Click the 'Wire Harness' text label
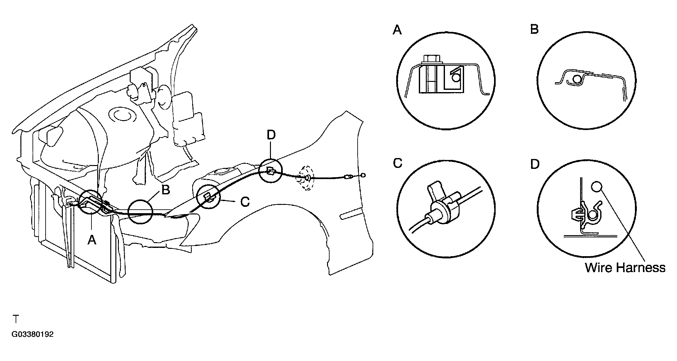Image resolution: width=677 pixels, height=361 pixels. click(x=625, y=267)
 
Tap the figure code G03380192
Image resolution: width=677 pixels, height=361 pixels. click(x=33, y=335)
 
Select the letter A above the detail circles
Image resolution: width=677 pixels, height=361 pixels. click(x=397, y=30)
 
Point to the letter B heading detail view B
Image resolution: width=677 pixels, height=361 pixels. click(x=534, y=29)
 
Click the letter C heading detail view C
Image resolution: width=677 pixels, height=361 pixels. click(x=397, y=163)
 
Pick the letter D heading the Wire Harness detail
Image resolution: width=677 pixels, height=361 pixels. click(x=535, y=164)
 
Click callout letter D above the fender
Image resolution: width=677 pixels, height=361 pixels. click(x=271, y=135)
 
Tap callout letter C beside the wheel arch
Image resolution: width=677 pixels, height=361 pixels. click(x=244, y=201)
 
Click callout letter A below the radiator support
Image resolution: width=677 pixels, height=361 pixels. click(x=92, y=240)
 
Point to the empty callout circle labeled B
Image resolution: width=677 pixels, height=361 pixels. click(x=140, y=212)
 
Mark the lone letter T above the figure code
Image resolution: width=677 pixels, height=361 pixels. click(x=15, y=319)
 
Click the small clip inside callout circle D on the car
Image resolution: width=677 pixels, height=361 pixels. click(x=270, y=172)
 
